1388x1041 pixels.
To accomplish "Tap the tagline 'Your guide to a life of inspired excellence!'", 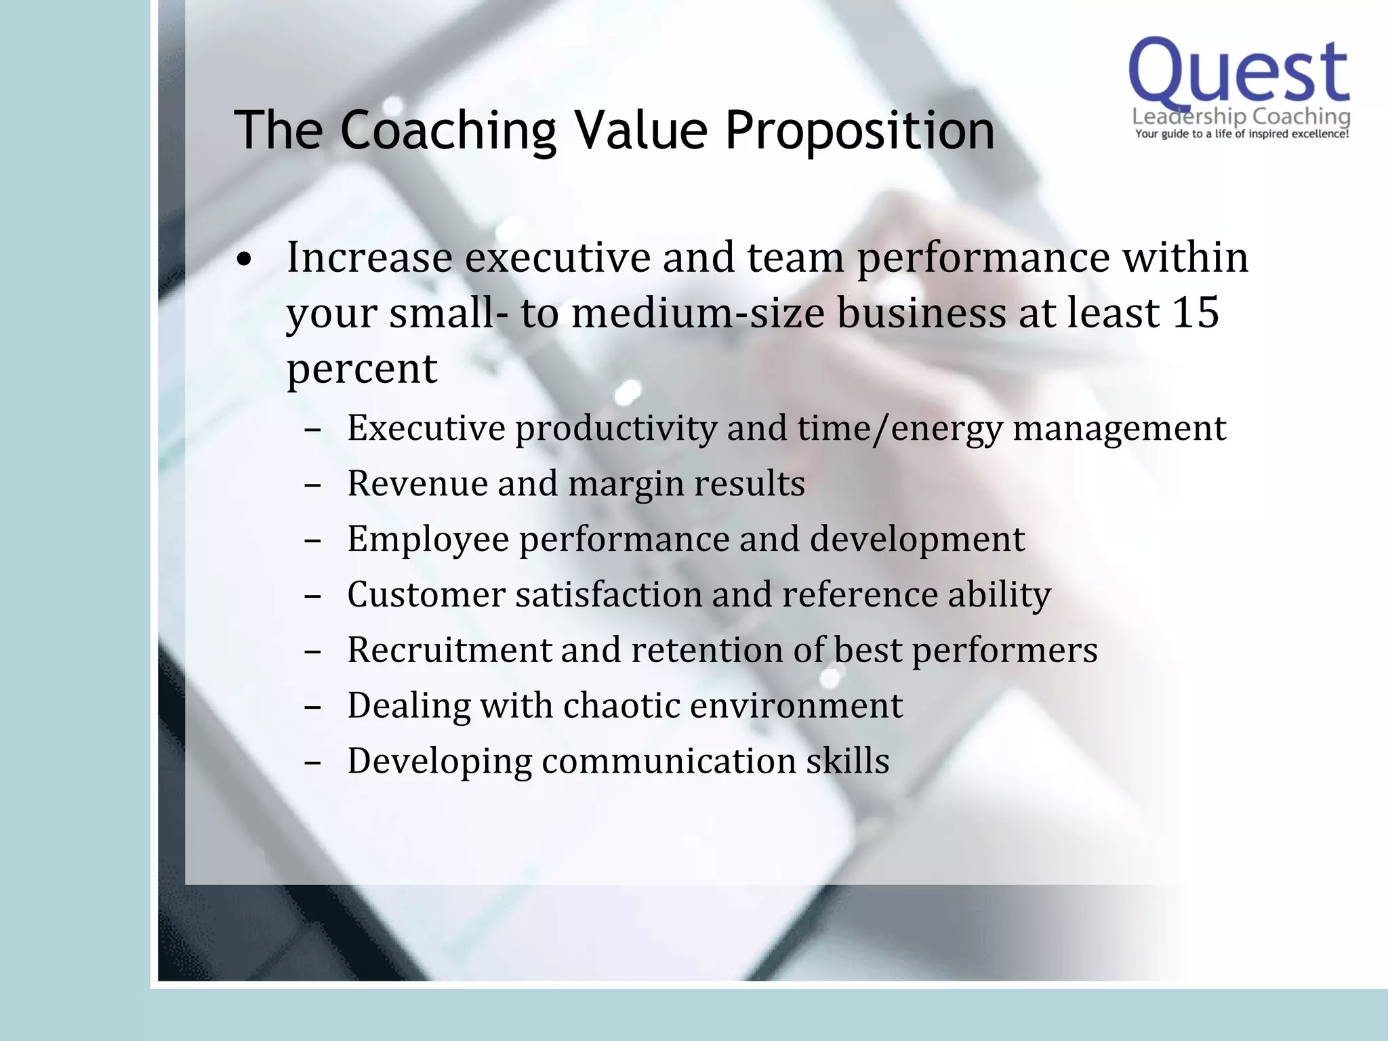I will (x=1242, y=134).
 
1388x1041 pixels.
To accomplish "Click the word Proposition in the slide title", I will (x=859, y=130).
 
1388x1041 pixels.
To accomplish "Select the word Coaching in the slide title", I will (x=447, y=130).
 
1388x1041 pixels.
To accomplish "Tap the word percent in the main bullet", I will (x=362, y=370).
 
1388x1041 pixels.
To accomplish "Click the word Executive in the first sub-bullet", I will (x=426, y=428).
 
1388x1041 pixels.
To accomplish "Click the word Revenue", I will (x=417, y=484).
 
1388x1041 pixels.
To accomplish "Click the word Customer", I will (x=426, y=595).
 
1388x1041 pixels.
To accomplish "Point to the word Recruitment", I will (x=449, y=651).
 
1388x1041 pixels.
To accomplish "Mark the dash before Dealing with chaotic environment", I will (x=312, y=708).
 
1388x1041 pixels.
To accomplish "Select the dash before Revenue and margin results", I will (x=312, y=485).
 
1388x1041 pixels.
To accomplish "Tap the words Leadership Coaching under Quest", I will (x=1242, y=117).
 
